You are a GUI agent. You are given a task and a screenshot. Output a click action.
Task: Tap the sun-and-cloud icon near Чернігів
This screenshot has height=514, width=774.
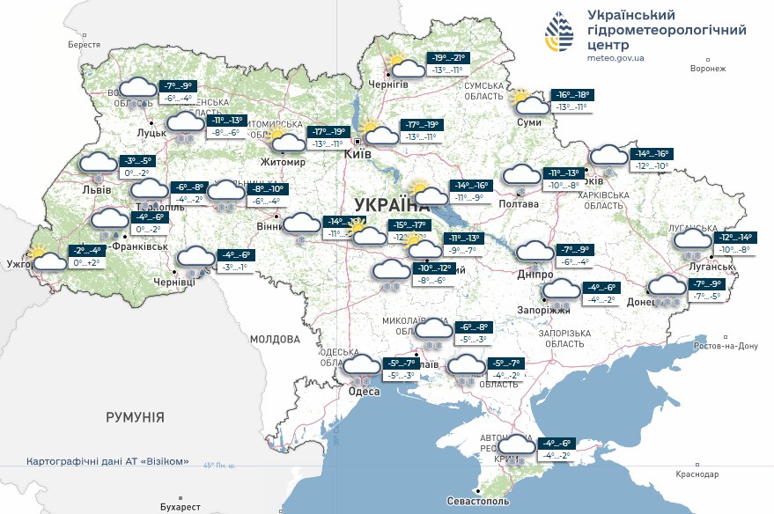[404, 66]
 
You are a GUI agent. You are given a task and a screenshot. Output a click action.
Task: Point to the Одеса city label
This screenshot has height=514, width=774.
[363, 391]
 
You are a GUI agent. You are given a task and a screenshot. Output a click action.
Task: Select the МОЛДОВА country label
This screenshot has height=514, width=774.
[275, 339]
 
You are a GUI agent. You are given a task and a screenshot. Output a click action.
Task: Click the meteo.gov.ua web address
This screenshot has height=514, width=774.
[615, 58]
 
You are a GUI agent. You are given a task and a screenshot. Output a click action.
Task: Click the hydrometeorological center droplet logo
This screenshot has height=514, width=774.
[559, 33]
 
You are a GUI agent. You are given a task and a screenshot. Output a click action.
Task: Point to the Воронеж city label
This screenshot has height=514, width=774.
[708, 69]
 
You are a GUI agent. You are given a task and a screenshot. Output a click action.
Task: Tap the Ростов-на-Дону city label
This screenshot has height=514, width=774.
[725, 346]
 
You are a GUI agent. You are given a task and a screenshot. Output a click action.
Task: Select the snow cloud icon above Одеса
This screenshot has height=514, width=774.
[361, 365]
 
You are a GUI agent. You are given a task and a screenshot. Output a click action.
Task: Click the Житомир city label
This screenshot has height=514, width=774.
[282, 163]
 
